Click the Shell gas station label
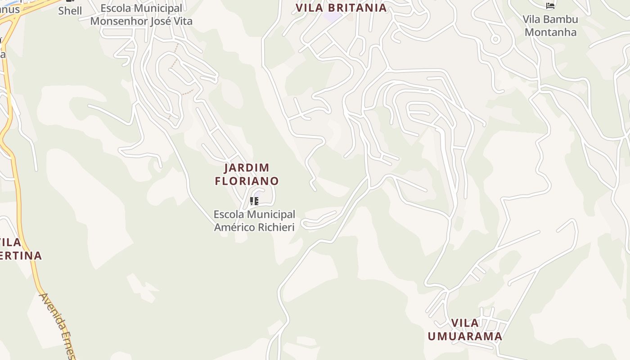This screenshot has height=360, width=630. [x=70, y=11]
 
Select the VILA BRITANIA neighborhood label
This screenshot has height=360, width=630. [x=341, y=8]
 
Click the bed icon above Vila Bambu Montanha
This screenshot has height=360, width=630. [x=550, y=5]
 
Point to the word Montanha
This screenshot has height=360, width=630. [x=550, y=32]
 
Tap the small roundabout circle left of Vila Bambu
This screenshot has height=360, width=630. [x=495, y=39]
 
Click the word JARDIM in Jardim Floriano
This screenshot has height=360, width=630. [x=247, y=168]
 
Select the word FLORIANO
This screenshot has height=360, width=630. [x=247, y=181]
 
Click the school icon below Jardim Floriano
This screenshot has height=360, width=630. [x=254, y=201]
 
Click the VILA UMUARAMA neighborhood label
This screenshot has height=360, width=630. [x=465, y=329]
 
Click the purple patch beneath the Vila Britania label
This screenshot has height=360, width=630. [x=333, y=17]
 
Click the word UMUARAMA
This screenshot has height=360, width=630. [x=465, y=336]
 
